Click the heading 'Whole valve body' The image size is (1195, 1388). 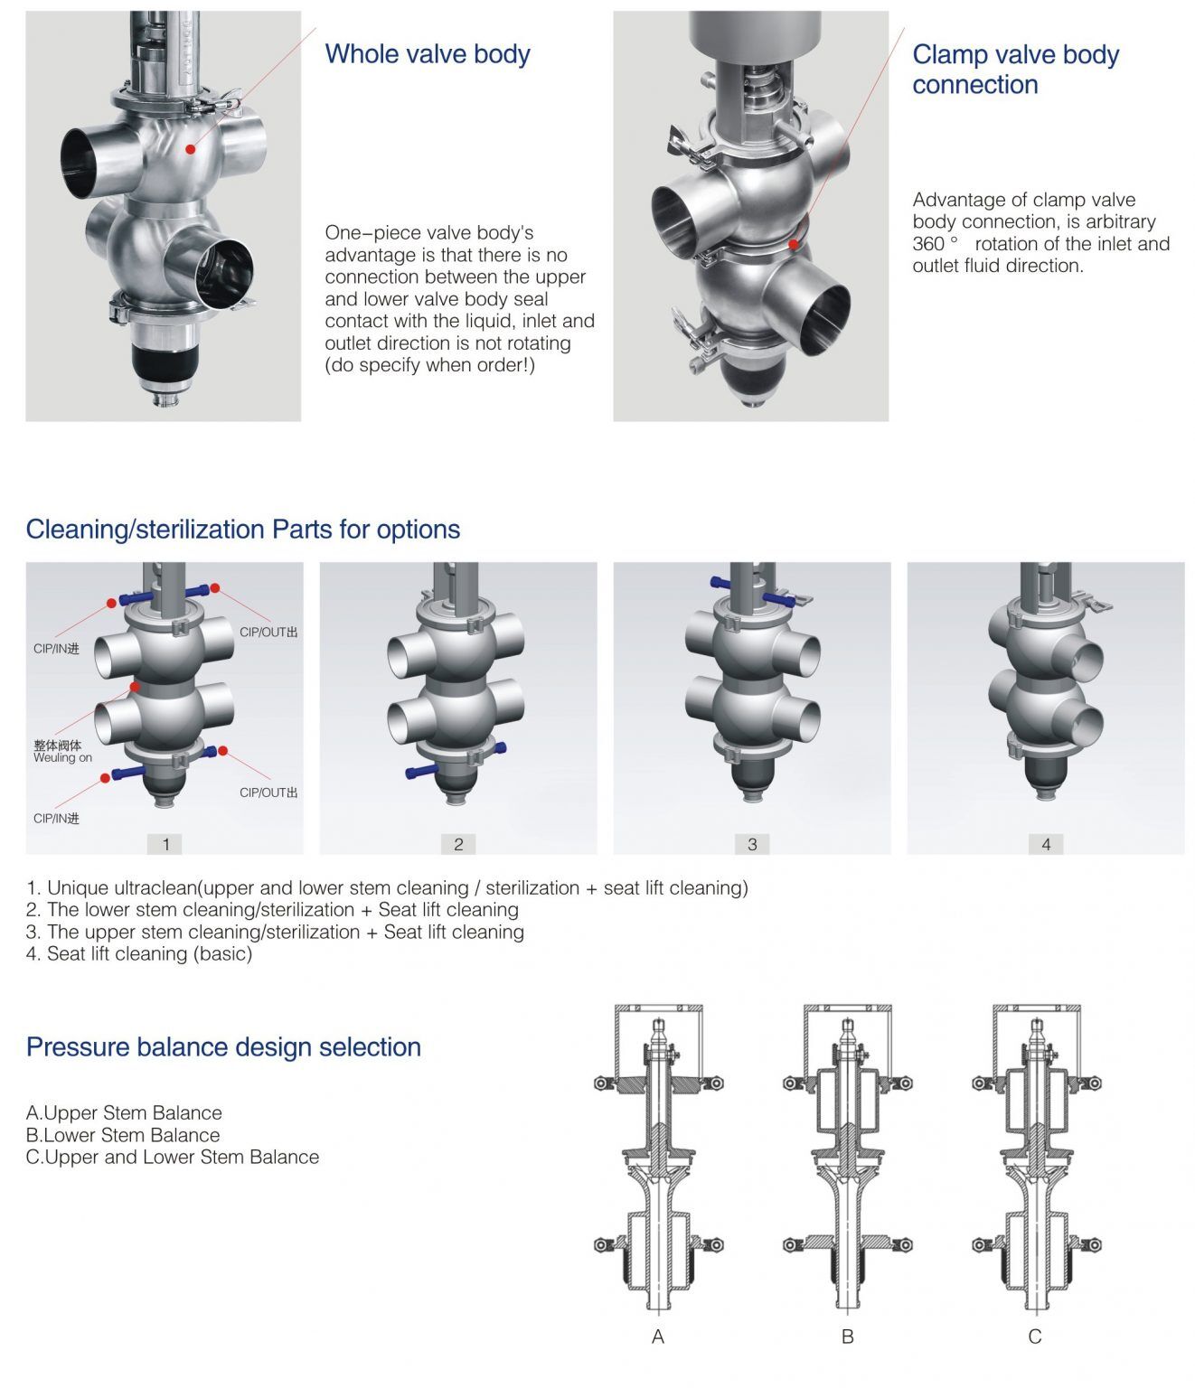coord(427,54)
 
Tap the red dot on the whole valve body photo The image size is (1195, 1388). coord(190,148)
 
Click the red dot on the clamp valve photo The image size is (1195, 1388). coord(793,244)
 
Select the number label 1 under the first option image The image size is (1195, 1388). coord(165,844)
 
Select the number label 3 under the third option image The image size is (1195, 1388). coord(752,844)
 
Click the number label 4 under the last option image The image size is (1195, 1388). coord(1046,844)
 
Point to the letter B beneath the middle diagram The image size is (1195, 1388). coord(847,1336)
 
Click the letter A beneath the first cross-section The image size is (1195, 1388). coord(658,1336)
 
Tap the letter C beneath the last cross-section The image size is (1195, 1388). coord(1035,1336)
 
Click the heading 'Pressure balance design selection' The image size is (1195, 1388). coord(223,1047)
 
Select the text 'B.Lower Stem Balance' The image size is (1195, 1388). coord(123,1135)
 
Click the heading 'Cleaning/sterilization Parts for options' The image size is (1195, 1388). coord(242,530)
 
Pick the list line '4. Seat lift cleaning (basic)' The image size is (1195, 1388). coord(139,953)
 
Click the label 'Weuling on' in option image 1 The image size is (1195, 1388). coord(62,758)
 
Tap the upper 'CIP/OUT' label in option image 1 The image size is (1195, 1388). coord(268,633)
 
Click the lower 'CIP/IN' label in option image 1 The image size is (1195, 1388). coord(56,819)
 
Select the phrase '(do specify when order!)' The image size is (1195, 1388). coord(429,365)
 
